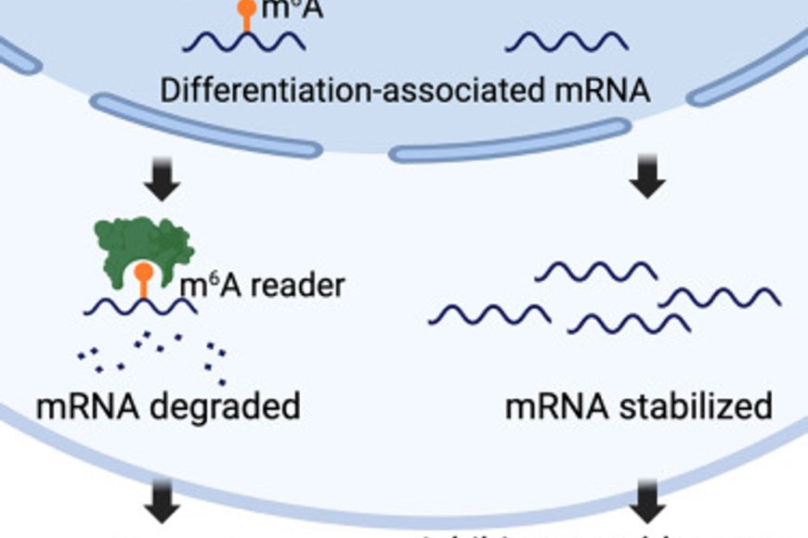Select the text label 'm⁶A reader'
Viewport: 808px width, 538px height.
tap(262, 286)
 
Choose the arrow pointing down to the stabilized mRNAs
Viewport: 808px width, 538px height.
tap(647, 180)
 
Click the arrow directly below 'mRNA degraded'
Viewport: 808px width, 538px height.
tap(164, 511)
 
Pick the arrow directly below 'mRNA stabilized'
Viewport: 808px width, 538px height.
tap(647, 511)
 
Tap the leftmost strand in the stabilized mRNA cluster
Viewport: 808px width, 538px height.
tap(489, 314)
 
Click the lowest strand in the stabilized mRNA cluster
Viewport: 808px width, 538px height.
tap(628, 322)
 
